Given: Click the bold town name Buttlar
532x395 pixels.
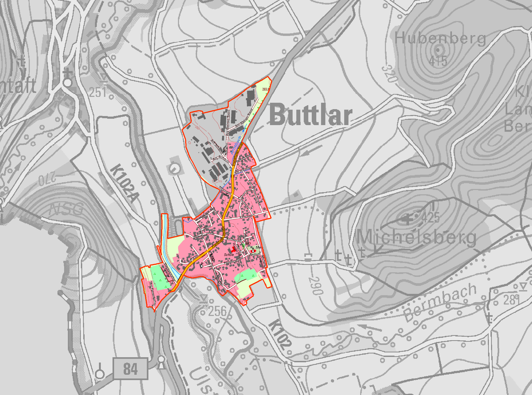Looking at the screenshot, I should point(310,115).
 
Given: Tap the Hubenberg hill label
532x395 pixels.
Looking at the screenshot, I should point(440,39).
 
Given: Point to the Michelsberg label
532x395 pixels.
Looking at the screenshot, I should point(416,237).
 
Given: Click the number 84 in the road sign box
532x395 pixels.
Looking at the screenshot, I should point(130,369).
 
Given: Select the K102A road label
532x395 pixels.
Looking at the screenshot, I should point(125,183).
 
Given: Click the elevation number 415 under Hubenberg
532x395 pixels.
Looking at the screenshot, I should point(438,61).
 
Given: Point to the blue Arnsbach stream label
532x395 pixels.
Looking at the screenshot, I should point(236,145).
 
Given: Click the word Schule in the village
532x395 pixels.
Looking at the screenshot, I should point(229,255).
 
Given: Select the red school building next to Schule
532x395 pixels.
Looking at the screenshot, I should point(234,249).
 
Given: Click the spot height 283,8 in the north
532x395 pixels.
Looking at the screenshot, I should point(266,89).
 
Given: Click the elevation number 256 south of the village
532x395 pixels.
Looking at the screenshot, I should point(217,311).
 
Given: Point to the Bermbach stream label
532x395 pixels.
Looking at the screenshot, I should point(440,302).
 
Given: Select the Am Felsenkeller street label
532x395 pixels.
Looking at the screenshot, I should point(153,294).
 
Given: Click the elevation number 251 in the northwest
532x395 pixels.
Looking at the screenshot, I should point(98,93).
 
